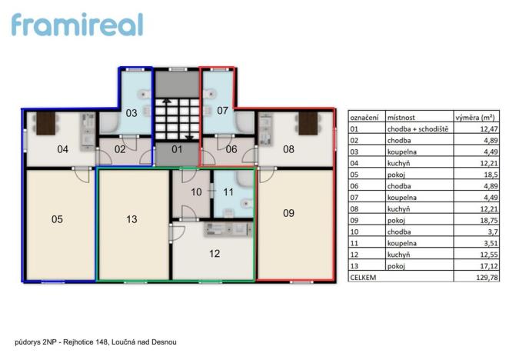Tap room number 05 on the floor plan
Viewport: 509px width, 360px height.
click(x=57, y=219)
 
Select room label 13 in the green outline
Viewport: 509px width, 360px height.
click(x=131, y=219)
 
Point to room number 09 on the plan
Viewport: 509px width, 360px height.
click(x=288, y=213)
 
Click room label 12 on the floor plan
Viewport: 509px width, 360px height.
click(x=215, y=252)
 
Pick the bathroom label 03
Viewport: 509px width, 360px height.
click(x=131, y=113)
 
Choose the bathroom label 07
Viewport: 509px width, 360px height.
click(x=222, y=111)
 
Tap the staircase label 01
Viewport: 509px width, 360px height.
click(x=176, y=149)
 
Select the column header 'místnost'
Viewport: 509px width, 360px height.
click(x=401, y=118)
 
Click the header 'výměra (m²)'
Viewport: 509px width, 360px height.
click(x=474, y=118)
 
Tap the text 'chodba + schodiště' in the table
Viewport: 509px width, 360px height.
click(x=418, y=129)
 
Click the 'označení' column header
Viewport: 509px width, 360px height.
click(x=364, y=118)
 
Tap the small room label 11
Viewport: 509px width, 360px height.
click(x=228, y=192)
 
